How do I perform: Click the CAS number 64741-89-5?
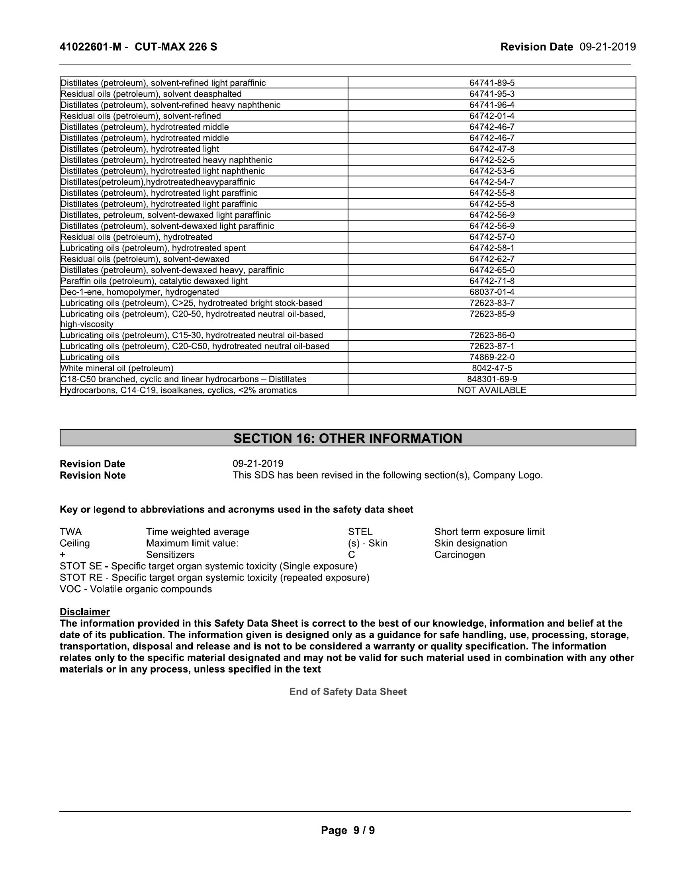[x=492, y=83]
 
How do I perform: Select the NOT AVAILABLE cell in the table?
[x=492, y=390]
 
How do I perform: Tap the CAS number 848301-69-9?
[x=492, y=379]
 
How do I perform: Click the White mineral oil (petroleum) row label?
[x=117, y=368]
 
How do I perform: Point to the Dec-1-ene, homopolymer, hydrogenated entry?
[x=139, y=292]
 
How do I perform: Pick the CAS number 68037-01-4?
[x=492, y=292]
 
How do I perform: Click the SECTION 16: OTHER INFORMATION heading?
[x=348, y=438]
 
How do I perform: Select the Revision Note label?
[x=93, y=475]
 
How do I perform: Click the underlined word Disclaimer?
[x=84, y=612]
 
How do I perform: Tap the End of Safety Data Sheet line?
[x=348, y=692]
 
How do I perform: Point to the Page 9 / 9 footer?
[x=348, y=830]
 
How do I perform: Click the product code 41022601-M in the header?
[x=90, y=47]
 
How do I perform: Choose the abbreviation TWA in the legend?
[x=70, y=532]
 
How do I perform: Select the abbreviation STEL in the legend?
[x=360, y=532]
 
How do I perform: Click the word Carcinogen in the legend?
[x=460, y=555]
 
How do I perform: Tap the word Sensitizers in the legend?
[x=170, y=555]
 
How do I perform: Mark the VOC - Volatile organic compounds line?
[x=135, y=589]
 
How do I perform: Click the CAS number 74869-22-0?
[x=492, y=357]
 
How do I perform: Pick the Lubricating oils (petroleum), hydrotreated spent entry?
[x=153, y=248]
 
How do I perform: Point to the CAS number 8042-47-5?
[x=492, y=368]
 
